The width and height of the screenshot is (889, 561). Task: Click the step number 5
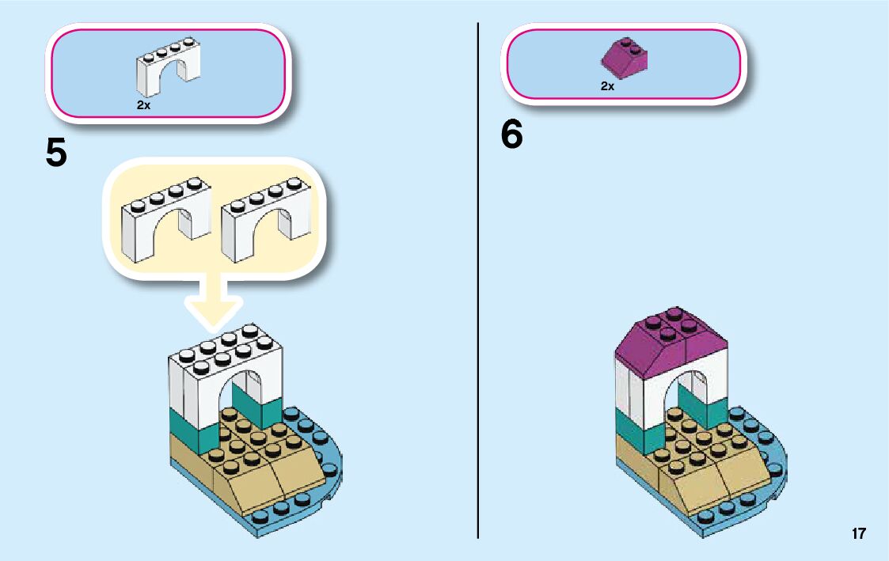(56, 153)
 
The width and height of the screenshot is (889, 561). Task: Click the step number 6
(512, 135)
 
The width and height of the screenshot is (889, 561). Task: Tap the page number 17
(859, 534)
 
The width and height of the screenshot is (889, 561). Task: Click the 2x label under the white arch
(143, 105)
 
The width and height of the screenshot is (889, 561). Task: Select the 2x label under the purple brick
(607, 86)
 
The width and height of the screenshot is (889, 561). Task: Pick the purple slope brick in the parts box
(625, 58)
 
